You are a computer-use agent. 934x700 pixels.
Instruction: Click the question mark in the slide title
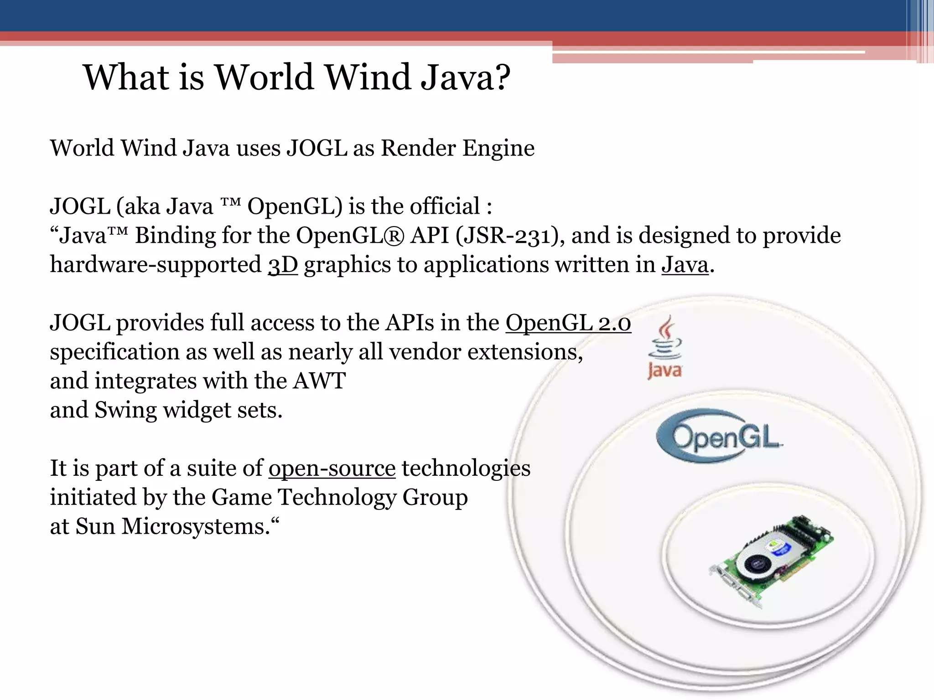click(501, 77)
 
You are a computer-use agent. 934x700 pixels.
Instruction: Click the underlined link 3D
click(283, 265)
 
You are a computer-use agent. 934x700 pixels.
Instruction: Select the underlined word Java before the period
click(685, 265)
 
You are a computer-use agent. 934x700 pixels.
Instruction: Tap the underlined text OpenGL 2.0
click(568, 323)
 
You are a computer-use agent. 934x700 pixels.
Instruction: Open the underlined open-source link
click(332, 468)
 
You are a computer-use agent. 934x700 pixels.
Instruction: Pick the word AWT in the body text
click(319, 381)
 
